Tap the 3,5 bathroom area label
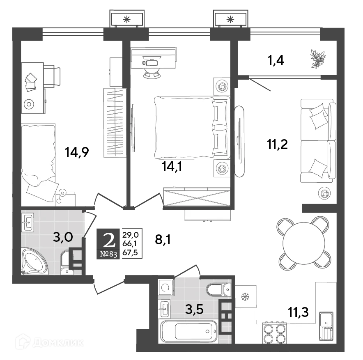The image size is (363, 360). (x=194, y=309)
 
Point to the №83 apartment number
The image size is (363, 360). (x=109, y=254)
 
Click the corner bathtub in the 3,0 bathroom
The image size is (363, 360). (x=34, y=261)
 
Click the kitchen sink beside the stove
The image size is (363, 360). (x=326, y=326)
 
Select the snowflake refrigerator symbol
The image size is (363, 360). (x=246, y=296)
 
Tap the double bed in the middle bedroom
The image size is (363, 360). (x=191, y=127)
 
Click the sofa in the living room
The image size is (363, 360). (x=316, y=141)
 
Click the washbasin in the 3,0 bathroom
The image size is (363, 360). (x=28, y=223)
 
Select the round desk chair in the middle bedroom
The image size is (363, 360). (x=152, y=73)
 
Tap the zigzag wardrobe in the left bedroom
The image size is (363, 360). (x=112, y=122)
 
